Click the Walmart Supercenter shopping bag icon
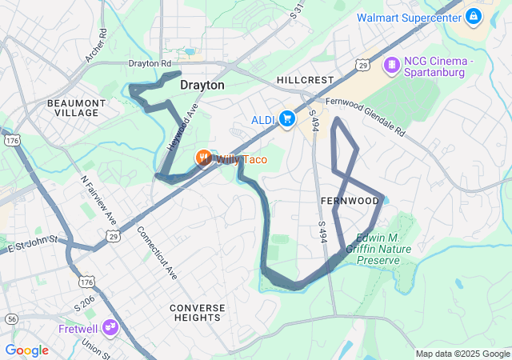[x=473, y=16]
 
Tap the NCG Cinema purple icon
[x=392, y=65]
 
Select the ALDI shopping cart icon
[x=286, y=120]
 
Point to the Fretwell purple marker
[x=110, y=326]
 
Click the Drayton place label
[x=202, y=85]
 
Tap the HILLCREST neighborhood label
[x=304, y=81]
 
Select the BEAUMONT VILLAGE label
[x=76, y=108]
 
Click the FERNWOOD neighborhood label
[x=349, y=200]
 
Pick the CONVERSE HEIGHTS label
[x=195, y=312]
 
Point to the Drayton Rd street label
[x=150, y=63]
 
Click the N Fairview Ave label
[x=100, y=200]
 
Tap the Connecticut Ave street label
[x=157, y=252]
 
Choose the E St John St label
[x=34, y=244]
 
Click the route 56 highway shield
[x=10, y=318]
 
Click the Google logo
[x=26, y=350]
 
